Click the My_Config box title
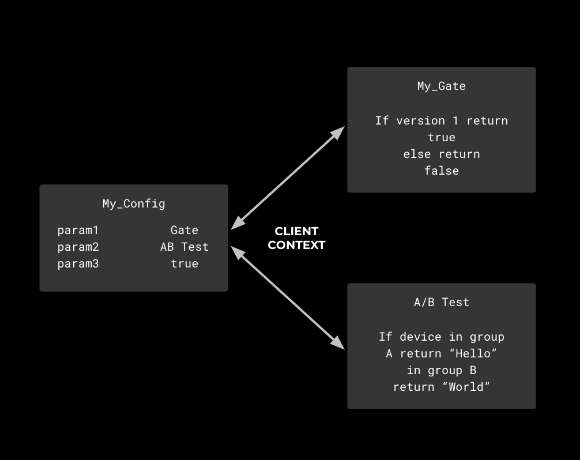point(134,203)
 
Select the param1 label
point(78,231)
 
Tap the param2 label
point(78,247)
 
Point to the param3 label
point(78,264)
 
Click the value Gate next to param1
point(184,231)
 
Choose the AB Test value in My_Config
point(184,247)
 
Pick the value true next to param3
point(184,264)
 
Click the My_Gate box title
point(442,86)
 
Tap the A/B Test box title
point(442,303)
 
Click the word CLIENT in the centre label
point(296,231)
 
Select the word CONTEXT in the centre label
point(296,245)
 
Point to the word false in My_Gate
point(442,171)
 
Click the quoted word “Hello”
point(473,354)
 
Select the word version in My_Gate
point(420,121)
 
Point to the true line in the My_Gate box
point(442,138)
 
